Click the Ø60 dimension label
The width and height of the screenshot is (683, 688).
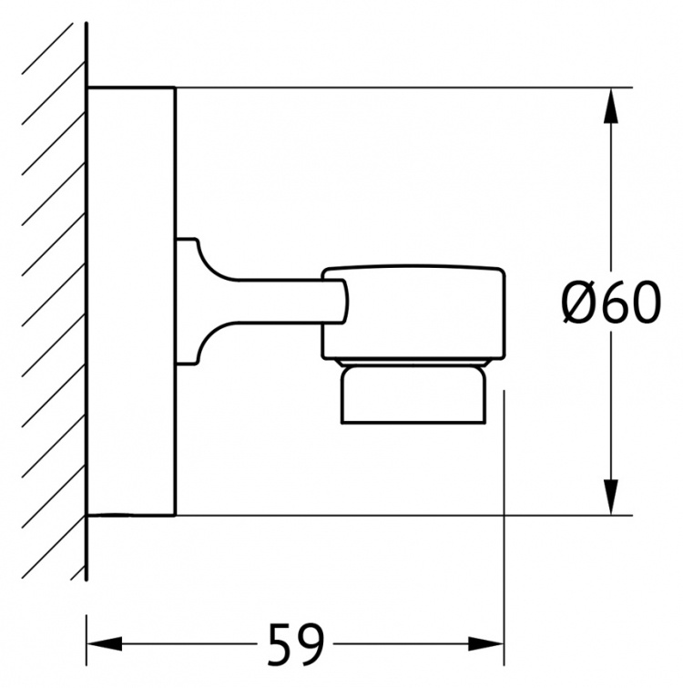611,303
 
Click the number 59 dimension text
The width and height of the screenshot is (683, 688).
296,643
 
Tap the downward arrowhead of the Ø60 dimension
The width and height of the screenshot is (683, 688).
611,497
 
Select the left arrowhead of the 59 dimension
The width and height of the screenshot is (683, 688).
105,643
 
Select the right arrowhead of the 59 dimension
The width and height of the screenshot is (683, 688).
486,643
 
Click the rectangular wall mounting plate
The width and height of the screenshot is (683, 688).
131,302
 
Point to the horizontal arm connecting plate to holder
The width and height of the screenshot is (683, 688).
280,302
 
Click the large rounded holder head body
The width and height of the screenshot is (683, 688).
413,313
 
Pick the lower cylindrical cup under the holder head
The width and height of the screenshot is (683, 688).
413,395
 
